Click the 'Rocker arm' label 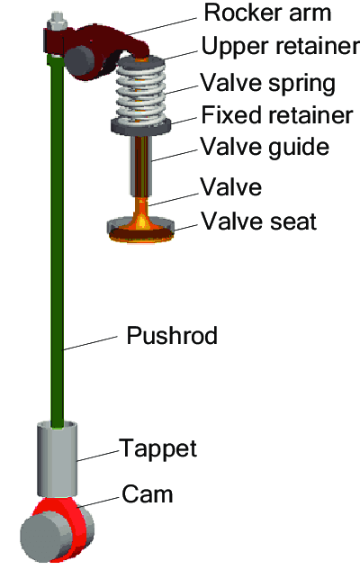tap(267, 14)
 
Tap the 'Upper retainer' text tap(281, 46)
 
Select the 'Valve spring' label tap(267, 83)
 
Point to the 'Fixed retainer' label tap(277, 115)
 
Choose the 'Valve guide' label tap(265, 148)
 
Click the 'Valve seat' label tap(259, 221)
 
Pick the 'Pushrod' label tap(172, 335)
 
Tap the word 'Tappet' tap(158, 449)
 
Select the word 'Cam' tap(147, 494)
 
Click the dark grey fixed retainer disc tap(141, 126)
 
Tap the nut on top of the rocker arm tap(57, 22)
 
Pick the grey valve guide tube tap(141, 166)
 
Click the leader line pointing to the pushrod tap(90, 343)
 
